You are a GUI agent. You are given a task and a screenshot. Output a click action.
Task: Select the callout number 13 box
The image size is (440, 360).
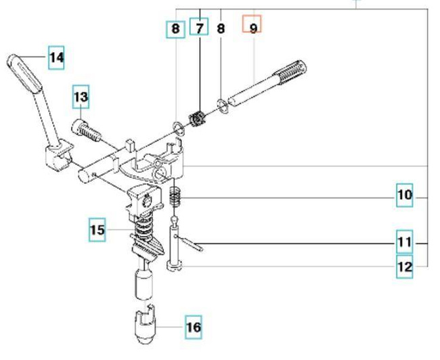tap(81, 97)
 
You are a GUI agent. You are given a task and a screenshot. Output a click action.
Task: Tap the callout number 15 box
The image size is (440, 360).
tap(97, 229)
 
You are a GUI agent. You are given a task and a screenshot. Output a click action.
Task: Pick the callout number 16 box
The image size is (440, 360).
tap(193, 328)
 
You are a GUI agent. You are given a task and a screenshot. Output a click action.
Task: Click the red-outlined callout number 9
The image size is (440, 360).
tap(252, 28)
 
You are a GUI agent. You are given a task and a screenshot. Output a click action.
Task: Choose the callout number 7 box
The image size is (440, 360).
tap(199, 28)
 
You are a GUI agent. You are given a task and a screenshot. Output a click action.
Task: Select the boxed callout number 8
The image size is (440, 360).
tap(175, 28)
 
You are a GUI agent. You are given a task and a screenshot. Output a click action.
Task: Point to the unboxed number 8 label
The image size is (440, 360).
tap(221, 28)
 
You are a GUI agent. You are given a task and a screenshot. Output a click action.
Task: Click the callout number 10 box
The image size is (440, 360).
tap(404, 196)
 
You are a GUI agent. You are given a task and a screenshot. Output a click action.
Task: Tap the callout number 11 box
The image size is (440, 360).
tap(404, 241)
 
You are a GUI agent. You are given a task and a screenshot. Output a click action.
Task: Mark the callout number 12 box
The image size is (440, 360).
tap(404, 267)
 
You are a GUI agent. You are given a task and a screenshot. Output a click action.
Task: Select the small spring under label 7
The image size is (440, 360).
tap(198, 118)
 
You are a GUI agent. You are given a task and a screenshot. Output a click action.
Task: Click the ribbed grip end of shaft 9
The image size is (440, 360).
tap(289, 70)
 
